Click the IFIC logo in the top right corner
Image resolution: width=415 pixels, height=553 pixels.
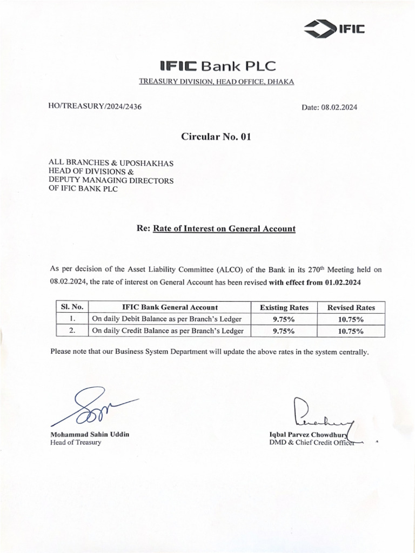(x=334, y=29)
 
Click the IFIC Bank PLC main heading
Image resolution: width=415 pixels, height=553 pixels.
(x=218, y=66)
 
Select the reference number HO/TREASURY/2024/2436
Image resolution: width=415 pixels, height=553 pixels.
(x=95, y=106)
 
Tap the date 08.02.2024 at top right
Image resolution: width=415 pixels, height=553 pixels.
(x=330, y=107)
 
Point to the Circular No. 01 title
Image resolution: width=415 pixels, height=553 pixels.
(x=216, y=137)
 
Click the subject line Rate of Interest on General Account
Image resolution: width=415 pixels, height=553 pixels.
(x=224, y=228)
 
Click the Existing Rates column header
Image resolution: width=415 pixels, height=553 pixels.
(x=284, y=307)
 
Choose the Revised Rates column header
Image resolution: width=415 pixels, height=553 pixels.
(x=351, y=307)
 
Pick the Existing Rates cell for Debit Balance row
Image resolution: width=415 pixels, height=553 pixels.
(x=284, y=319)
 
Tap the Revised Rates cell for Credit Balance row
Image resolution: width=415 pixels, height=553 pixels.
(x=351, y=331)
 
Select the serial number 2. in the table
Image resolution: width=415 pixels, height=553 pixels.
(x=72, y=331)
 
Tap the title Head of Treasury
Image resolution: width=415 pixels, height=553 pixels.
(x=76, y=442)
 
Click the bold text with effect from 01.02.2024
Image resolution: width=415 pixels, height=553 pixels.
(x=314, y=281)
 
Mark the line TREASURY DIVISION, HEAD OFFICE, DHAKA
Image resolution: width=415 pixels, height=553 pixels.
(x=216, y=82)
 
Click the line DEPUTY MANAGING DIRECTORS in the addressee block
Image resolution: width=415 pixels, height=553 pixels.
(x=111, y=180)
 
